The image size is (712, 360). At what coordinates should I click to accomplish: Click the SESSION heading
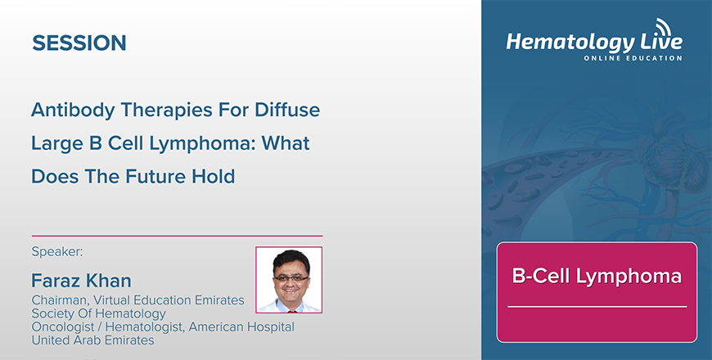tap(79, 43)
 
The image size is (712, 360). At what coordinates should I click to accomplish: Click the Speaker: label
tap(57, 251)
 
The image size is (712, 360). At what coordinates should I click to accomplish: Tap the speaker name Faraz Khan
tap(81, 281)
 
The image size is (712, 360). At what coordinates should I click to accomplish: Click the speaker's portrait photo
tap(289, 280)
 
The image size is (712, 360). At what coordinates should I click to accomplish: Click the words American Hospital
tap(241, 326)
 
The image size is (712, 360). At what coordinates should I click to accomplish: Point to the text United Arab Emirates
tap(92, 340)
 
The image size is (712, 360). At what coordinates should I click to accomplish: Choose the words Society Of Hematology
tap(98, 313)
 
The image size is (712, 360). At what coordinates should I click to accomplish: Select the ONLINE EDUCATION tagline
tap(633, 58)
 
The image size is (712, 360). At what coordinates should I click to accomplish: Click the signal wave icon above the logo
tap(664, 26)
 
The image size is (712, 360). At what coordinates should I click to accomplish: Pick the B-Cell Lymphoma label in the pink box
tap(597, 276)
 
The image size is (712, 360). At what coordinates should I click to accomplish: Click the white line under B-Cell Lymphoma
tap(597, 307)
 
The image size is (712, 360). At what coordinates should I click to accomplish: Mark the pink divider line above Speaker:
tap(177, 236)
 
